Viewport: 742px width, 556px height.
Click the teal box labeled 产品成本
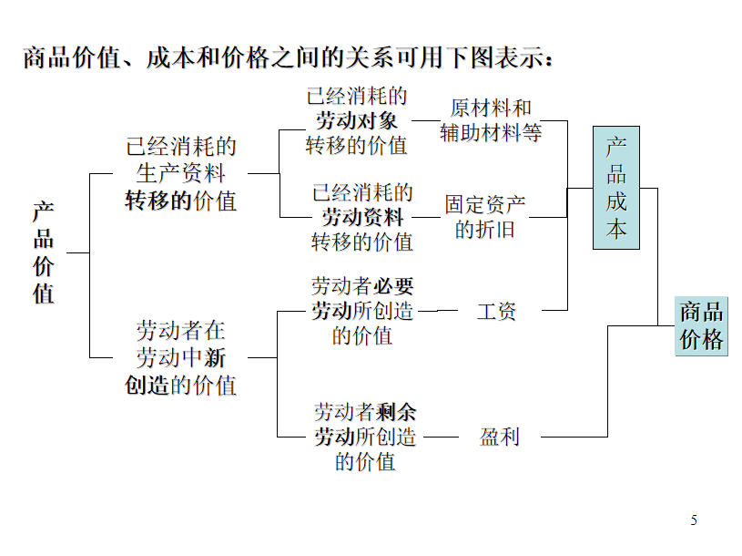pos(616,188)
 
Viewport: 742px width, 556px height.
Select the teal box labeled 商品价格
pos(701,326)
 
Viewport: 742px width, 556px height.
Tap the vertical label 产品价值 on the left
pos(43,252)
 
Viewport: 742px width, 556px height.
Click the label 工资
pos(496,311)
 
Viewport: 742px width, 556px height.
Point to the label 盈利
pos(499,437)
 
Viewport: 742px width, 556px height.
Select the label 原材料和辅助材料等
pos(491,120)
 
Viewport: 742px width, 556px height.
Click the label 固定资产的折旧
pos(485,217)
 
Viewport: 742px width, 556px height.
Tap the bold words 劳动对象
pos(357,120)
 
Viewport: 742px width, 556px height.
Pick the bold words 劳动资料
pos(362,217)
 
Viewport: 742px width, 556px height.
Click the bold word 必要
pos(393,286)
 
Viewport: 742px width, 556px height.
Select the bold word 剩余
pos(396,412)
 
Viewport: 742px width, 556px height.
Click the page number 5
pos(694,520)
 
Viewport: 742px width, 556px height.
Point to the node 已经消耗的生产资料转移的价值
pos(181,173)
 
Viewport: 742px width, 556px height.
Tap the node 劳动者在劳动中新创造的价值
pos(181,357)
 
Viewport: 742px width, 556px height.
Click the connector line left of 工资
pos(438,311)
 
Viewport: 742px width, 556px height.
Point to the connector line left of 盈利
pos(441,437)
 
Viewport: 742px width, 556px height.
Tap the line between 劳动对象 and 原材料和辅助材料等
pos(426,120)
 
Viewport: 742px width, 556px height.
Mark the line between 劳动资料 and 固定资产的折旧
pos(426,217)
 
